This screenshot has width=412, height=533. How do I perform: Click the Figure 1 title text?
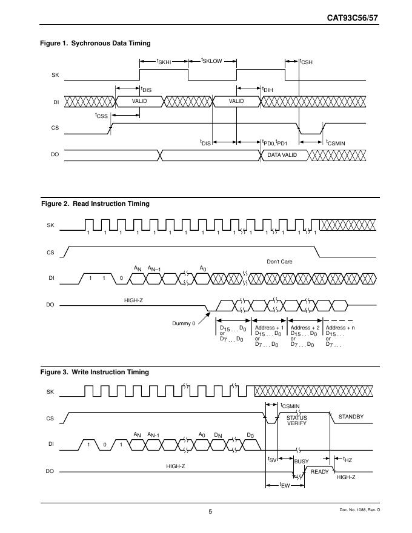[x=95, y=43]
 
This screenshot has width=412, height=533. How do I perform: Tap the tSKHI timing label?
[x=164, y=61]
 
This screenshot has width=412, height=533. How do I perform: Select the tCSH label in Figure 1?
[x=306, y=61]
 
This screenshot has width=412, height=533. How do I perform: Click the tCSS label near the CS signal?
[x=101, y=115]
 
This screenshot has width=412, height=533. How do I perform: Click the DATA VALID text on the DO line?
[x=282, y=155]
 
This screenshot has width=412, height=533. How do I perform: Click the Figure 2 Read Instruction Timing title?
[x=95, y=204]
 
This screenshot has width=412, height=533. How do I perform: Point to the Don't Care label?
[x=279, y=262]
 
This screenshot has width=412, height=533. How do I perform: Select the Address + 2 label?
[x=305, y=328]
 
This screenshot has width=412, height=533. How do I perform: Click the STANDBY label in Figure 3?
[x=350, y=417]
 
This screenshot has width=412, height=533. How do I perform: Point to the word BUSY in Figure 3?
[x=301, y=462]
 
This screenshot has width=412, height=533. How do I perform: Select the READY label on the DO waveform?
[x=319, y=471]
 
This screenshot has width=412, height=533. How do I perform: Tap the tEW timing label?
[x=284, y=485]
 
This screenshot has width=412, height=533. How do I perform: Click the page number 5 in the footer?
[x=210, y=512]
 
